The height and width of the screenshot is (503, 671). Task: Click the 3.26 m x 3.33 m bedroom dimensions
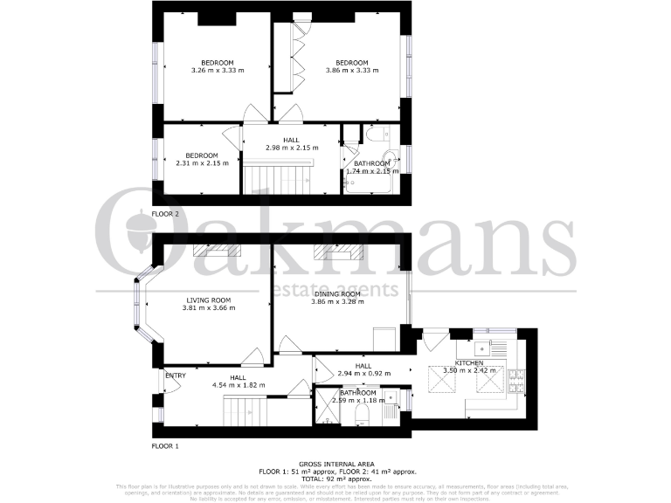coord(217,71)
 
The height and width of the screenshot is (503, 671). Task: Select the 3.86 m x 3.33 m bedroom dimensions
coord(351,71)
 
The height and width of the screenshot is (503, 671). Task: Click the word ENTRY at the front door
coord(176,376)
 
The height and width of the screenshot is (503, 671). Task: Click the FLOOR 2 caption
coord(165,214)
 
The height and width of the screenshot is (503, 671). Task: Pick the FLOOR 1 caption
coord(165,446)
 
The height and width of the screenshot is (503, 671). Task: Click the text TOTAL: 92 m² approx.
coord(335,478)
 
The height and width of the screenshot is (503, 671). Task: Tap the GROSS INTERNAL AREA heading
coord(335,464)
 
